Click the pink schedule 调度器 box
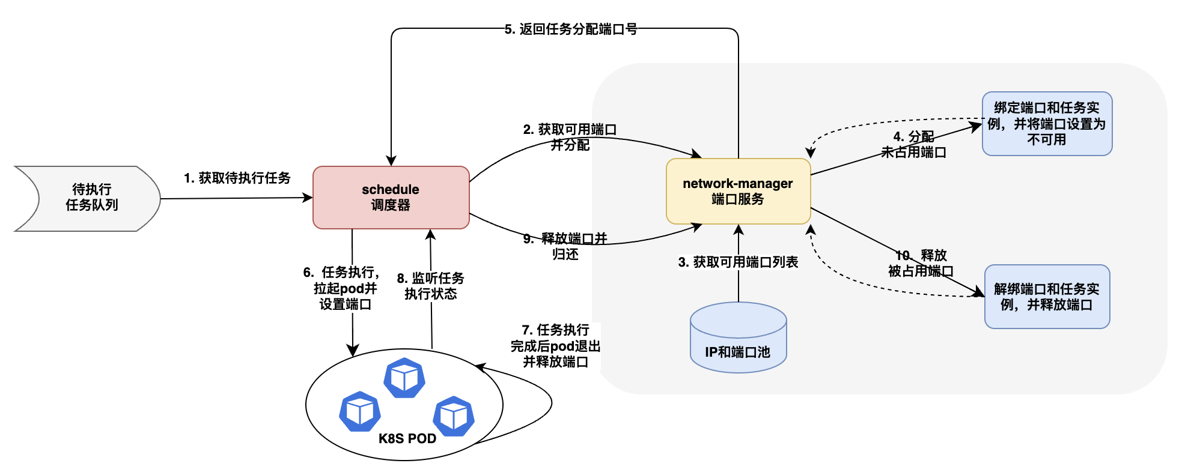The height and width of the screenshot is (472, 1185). tap(391, 197)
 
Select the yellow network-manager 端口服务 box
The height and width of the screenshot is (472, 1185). tap(738, 191)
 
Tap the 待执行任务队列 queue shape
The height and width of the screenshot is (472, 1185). tap(90, 198)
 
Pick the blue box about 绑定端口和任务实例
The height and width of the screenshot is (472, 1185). tap(1047, 124)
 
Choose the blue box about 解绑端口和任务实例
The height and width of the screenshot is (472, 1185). tap(1047, 297)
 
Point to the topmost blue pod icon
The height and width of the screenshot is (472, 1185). tap(404, 378)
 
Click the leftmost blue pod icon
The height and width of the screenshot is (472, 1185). tap(360, 411)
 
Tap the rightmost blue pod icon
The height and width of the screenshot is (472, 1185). tap(454, 416)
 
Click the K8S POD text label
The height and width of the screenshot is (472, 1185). tap(407, 438)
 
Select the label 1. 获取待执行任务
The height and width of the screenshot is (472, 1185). tap(237, 178)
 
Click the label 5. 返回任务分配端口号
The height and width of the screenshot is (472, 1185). tap(571, 29)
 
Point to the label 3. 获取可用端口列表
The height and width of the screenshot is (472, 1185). tap(738, 262)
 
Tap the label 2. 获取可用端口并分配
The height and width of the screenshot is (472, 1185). tap(570, 137)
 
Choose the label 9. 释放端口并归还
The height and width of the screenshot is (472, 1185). tap(565, 246)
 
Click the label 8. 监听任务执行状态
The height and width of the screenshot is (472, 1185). tap(430, 286)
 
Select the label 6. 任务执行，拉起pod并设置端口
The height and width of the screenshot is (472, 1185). tap(344, 288)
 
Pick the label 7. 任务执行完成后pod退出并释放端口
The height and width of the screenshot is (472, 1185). tap(556, 346)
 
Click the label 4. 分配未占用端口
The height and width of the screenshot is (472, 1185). tap(913, 144)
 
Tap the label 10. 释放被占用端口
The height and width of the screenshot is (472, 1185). tap(921, 263)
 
